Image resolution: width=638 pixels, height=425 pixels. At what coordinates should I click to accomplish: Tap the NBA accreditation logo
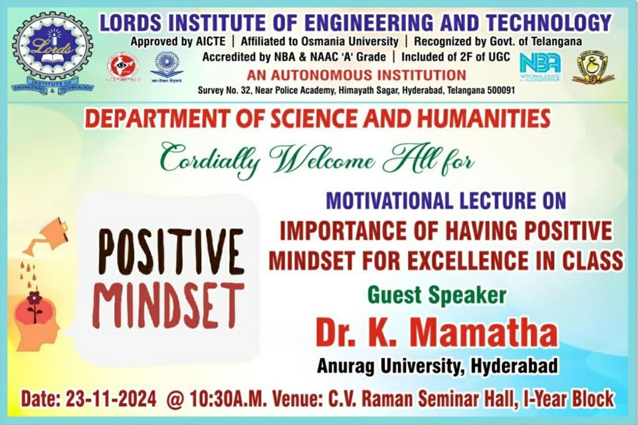[x=540, y=66]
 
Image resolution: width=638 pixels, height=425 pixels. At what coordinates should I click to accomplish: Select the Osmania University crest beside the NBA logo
[x=593, y=67]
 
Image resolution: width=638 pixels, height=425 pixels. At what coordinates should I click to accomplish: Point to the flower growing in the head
[x=34, y=305]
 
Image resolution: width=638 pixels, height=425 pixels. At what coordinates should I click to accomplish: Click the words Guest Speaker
[x=437, y=294]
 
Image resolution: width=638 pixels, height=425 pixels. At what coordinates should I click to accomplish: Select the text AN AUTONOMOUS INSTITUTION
[x=356, y=75]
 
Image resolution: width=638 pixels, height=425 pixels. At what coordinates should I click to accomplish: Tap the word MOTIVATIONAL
[x=389, y=200]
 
